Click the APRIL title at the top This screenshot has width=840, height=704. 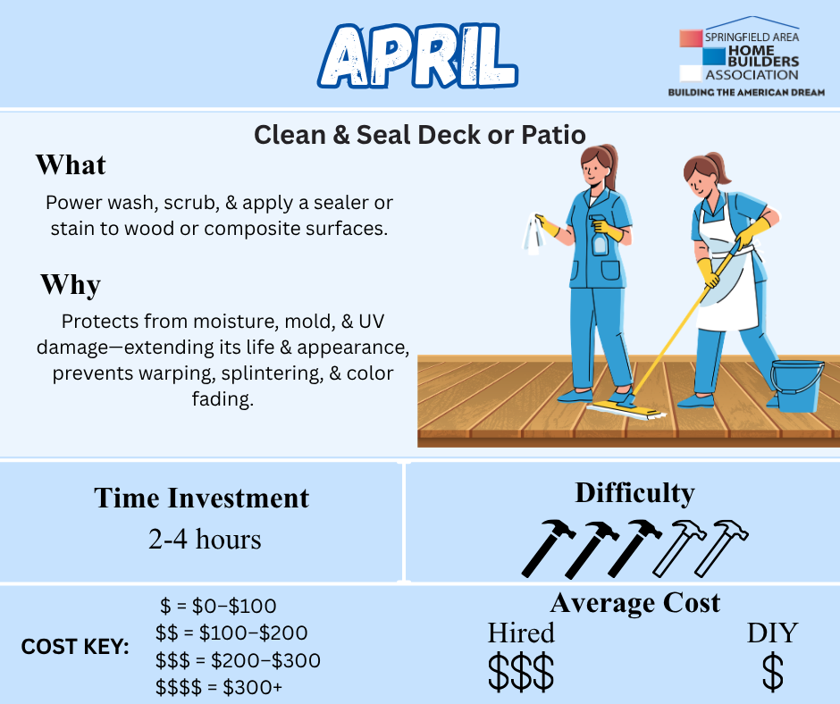[x=417, y=55]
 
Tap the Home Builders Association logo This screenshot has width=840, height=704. [x=745, y=57]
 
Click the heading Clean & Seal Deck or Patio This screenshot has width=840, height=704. [x=419, y=135]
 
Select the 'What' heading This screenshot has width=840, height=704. [x=71, y=164]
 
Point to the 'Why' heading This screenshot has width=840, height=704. [x=71, y=284]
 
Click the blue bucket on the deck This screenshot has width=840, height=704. [x=796, y=385]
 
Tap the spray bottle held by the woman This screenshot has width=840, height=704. [x=600, y=235]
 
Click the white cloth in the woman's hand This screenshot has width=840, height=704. [x=533, y=234]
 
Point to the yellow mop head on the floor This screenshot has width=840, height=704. [x=626, y=410]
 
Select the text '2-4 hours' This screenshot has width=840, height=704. [x=205, y=539]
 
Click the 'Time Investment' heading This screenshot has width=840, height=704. [x=201, y=498]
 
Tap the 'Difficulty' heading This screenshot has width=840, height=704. [x=634, y=493]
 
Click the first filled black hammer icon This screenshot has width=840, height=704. [x=548, y=548]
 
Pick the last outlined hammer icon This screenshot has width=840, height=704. [x=722, y=547]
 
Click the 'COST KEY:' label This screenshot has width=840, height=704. [x=75, y=647]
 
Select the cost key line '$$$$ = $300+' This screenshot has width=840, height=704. [x=219, y=687]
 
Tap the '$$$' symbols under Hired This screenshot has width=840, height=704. [x=521, y=672]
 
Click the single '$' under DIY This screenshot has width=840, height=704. [x=772, y=672]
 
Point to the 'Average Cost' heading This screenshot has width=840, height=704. [x=634, y=603]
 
